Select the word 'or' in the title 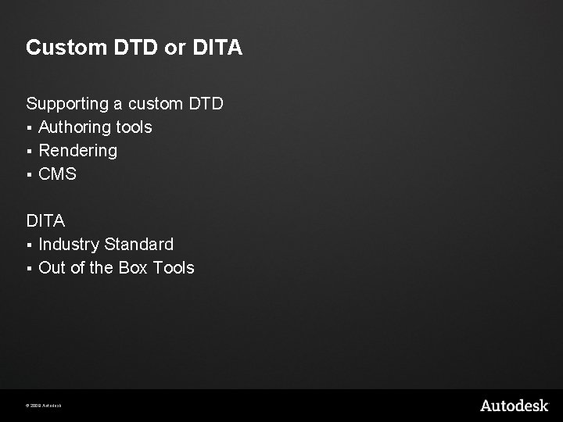[x=174, y=48]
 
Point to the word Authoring [x=74, y=127]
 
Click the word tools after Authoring [x=134, y=127]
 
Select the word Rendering [x=77, y=151]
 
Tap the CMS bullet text [x=58, y=174]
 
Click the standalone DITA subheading [x=45, y=221]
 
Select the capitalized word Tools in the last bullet [x=174, y=268]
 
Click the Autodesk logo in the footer [x=514, y=405]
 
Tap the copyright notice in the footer [x=44, y=406]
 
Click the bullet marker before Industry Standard [x=29, y=245]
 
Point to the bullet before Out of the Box [x=29, y=269]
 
